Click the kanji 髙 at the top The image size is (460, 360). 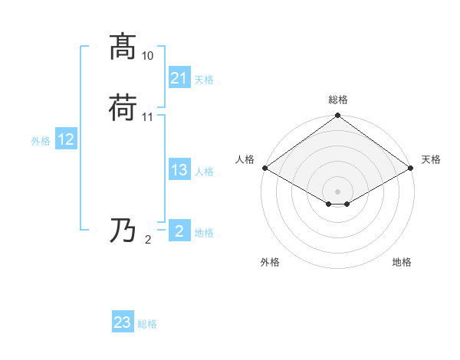pos(123,47)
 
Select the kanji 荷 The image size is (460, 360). pos(123,108)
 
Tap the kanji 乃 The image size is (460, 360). pos(123,231)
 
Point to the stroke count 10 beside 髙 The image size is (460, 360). pos(148,56)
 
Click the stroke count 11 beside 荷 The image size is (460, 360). pos(148,117)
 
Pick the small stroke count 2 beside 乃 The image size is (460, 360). pos(148,240)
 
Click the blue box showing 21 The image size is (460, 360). pos(179,78)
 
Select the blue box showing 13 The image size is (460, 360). pos(179,170)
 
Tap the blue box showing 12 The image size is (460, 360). pos(66,139)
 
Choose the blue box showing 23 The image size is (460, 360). pos(123,322)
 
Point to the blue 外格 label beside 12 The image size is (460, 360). pos(41,140)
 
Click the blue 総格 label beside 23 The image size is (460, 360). pos(148,324)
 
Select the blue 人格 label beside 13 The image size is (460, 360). pos(205,172)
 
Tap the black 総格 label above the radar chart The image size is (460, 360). pos(338,100)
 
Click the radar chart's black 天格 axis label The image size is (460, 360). pos(431,159)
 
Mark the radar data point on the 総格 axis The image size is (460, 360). pos(338,116)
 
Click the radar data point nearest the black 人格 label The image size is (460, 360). pos(264,168)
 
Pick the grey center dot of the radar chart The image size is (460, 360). pos(338,191)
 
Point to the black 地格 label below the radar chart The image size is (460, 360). pos(402,262)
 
